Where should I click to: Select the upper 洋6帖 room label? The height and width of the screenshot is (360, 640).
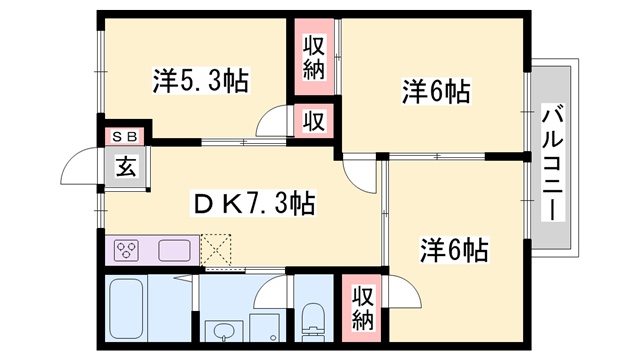point(436,92)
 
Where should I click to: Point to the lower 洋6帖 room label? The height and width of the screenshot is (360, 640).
point(454,248)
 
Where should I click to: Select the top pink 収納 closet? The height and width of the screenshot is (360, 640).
point(314,59)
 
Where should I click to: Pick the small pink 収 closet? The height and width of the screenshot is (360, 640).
point(314,122)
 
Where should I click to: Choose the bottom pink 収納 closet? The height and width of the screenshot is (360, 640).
point(361,309)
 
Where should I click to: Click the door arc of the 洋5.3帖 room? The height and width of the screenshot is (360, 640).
point(270,124)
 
